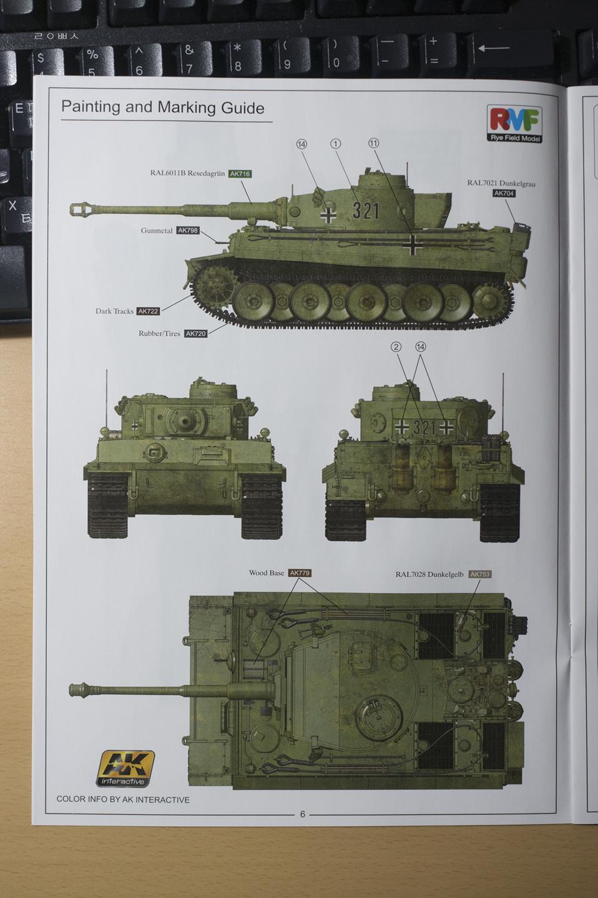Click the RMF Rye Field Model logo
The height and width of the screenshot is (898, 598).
(x=514, y=124)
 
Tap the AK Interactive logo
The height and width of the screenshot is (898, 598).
(x=125, y=768)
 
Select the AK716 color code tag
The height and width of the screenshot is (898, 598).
(x=240, y=173)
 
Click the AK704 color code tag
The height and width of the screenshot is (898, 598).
(x=504, y=193)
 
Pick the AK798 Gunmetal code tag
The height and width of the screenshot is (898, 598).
(x=188, y=231)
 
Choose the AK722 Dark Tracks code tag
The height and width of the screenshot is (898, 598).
(x=148, y=311)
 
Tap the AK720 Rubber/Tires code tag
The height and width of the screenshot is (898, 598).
(x=196, y=334)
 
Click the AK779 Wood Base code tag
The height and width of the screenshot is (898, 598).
(x=300, y=573)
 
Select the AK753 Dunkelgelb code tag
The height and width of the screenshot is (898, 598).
(x=480, y=574)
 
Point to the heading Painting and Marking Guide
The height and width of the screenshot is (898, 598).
(x=162, y=107)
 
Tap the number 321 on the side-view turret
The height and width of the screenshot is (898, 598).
(x=366, y=211)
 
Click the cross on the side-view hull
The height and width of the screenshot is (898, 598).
(x=413, y=244)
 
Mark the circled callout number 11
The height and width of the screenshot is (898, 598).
(x=374, y=143)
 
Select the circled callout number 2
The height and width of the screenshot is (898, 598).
(x=396, y=347)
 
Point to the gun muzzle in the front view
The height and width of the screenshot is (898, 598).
(x=185, y=420)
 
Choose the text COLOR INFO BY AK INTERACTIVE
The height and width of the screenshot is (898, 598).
(x=123, y=799)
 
